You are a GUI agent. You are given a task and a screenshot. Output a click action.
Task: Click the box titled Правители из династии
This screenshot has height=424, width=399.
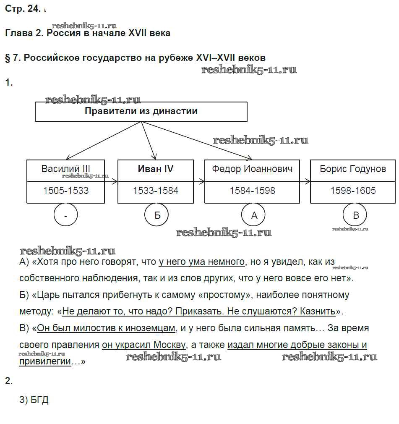[141, 112]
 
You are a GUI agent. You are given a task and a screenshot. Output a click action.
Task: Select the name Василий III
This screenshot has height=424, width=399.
[66, 169]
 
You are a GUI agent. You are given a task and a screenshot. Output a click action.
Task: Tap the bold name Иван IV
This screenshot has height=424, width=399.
[156, 169]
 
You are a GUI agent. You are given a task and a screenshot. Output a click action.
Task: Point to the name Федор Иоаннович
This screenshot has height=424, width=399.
[252, 169]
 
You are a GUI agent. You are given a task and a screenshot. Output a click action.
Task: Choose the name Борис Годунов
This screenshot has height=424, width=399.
[352, 169]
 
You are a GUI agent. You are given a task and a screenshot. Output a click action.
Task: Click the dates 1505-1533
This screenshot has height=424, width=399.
[66, 191]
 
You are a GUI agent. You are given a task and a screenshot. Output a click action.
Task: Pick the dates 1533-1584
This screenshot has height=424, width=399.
[156, 191]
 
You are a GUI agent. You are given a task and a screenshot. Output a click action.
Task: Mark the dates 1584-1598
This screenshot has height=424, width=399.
[252, 191]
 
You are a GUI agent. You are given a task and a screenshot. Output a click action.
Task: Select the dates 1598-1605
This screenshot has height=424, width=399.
[352, 191]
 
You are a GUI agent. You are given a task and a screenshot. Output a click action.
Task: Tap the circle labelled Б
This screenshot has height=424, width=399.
[157, 215]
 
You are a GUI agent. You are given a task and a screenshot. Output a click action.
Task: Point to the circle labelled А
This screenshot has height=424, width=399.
[254, 215]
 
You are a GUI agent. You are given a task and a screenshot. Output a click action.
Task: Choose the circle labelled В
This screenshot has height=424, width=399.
[356, 215]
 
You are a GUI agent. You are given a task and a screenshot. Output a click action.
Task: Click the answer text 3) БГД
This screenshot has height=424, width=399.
[34, 400]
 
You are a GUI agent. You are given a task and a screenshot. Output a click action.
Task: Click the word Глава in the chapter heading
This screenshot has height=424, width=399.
[18, 33]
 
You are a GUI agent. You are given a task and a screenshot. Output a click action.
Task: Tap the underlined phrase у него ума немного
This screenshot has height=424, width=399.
[201, 262]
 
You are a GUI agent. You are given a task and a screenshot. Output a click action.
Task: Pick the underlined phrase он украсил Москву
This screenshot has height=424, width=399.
[143, 345]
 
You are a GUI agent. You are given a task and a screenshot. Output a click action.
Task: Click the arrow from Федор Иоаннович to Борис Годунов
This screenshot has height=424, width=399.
[305, 181]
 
